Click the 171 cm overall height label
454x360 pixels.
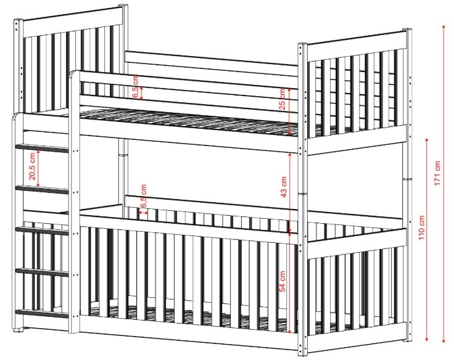pos(437,173)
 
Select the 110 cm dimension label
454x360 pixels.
pos(421,227)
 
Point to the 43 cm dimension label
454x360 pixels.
pos(284,187)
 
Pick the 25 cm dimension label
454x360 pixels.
pos(283,99)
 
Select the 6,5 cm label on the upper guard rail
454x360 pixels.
pos(136,86)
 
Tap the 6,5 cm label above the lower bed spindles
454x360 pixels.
pos(143,196)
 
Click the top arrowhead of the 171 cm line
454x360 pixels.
pos(444,27)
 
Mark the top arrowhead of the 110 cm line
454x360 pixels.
pos(426,141)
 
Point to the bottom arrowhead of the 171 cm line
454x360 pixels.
pos(444,341)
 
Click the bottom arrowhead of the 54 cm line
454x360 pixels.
pos(289,331)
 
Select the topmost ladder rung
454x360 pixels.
pos(42,148)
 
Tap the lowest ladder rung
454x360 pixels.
pos(42,314)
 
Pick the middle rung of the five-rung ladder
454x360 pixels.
pos(42,231)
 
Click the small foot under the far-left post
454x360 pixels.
pos(19,329)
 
